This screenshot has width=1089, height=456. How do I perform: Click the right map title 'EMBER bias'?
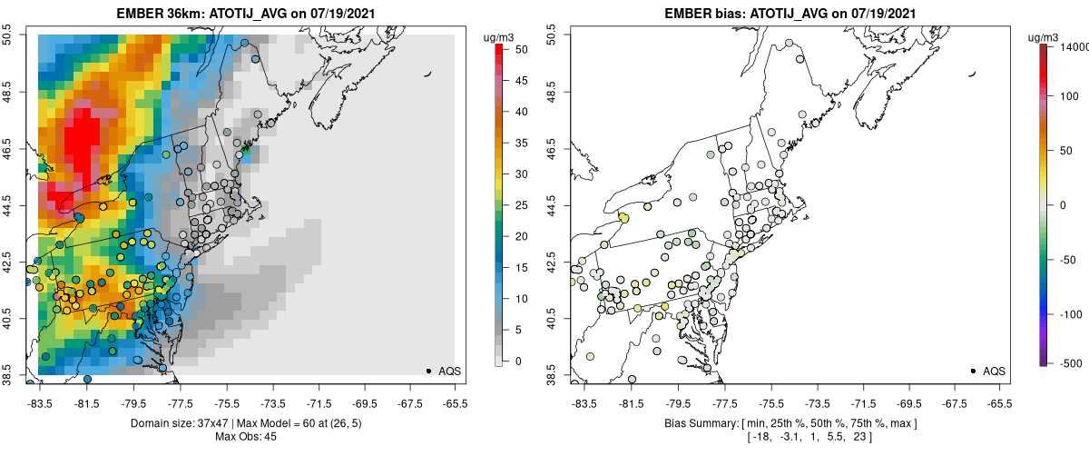coord(696,13)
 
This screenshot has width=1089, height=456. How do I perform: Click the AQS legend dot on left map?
coord(428,371)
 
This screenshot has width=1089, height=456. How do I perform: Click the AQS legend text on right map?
coord(994,371)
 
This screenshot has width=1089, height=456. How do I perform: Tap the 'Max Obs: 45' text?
coord(245,437)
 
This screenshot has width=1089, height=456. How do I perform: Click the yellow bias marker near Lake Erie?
coord(623,217)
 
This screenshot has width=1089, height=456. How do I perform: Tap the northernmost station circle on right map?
coord(790,43)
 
